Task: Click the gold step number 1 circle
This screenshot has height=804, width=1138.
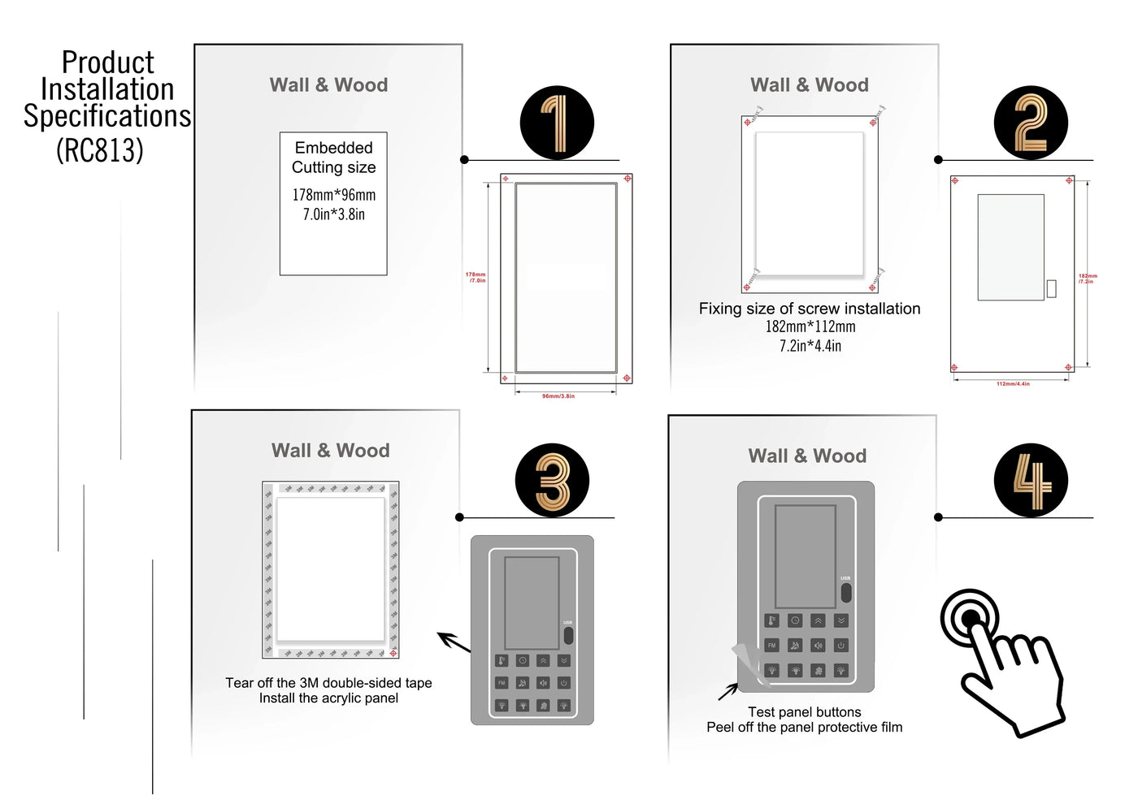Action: point(557,123)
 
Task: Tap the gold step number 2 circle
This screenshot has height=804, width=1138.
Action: point(1031,123)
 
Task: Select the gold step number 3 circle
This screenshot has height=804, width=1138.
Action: point(553,480)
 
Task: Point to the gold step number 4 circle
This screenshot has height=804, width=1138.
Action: point(1031,480)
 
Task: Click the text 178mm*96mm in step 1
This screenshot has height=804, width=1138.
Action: point(334,195)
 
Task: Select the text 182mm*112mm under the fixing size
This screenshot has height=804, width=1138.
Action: point(810,326)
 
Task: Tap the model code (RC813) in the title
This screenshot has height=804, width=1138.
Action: point(100,149)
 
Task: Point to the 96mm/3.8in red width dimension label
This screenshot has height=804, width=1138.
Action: point(558,396)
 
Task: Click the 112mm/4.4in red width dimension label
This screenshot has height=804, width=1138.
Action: point(1013,384)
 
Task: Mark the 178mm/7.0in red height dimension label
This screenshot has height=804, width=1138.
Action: point(476,277)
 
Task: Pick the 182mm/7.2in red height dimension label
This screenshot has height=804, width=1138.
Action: point(1088,278)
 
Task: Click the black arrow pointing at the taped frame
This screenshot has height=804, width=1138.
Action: point(454,642)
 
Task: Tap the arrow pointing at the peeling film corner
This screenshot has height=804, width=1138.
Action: point(728,692)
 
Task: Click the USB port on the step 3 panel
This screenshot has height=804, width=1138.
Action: point(567,634)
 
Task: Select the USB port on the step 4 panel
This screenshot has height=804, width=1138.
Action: point(845,591)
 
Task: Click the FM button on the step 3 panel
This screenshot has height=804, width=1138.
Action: point(502,683)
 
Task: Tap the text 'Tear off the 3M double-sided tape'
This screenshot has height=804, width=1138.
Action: point(328,683)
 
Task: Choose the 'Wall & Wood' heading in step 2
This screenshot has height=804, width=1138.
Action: point(810,85)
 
